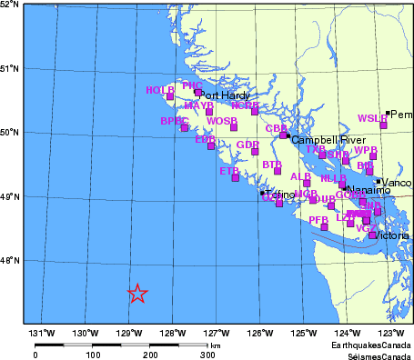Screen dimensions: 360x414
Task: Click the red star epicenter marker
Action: pos(136,294)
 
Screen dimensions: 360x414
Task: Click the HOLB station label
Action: pos(159,90)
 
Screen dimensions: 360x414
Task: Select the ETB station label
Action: pos(229,170)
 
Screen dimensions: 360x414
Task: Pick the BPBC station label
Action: pos(174,121)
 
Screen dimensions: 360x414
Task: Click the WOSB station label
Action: pos(222,121)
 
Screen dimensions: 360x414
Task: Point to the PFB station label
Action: pos(318,220)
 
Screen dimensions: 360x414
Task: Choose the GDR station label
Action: pos(247,145)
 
